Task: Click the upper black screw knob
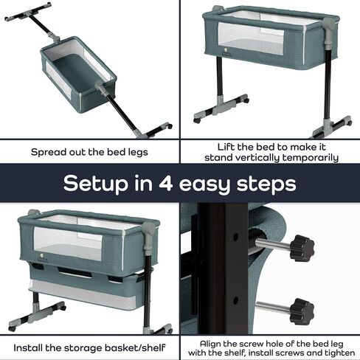tap(302, 249)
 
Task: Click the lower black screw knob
tap(302, 311)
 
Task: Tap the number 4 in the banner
tap(165, 183)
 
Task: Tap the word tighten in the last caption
tap(340, 353)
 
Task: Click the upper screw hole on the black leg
tap(235, 238)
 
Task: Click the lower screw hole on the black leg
tap(235, 300)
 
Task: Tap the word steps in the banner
tap(266, 184)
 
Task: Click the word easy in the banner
tap(204, 186)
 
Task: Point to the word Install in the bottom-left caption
tap(28, 348)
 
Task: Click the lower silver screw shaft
tap(273, 308)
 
